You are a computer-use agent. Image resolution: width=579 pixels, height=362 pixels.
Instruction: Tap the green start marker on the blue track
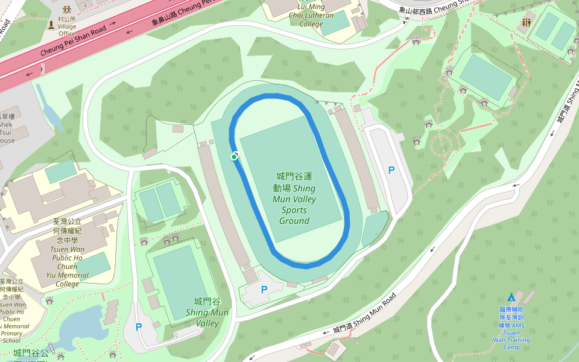pyautogui.click(x=234, y=157)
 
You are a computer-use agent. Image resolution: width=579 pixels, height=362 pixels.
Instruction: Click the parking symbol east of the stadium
pyautogui.click(x=391, y=170)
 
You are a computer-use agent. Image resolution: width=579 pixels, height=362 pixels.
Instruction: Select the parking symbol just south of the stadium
pyautogui.click(x=264, y=290)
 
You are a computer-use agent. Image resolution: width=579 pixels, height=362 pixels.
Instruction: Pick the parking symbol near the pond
pyautogui.click(x=139, y=327)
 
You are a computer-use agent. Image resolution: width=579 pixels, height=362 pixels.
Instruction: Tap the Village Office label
pyautogui.click(x=66, y=27)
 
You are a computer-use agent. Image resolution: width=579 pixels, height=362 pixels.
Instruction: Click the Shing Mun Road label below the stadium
pyautogui.click(x=365, y=313)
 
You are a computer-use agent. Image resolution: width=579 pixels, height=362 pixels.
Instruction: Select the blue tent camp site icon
pyautogui.click(x=511, y=297)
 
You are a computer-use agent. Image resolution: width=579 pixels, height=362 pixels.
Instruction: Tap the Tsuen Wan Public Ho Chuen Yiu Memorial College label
pyautogui.click(x=67, y=253)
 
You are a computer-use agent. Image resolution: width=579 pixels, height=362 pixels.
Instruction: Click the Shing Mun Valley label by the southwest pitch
pyautogui.click(x=207, y=312)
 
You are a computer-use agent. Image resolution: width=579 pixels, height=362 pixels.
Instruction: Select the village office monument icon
pyautogui.click(x=51, y=25)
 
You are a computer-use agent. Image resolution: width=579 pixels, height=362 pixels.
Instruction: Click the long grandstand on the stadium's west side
pyautogui.click(x=223, y=205)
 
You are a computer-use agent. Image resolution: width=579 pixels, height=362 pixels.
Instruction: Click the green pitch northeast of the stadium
pyautogui.click(x=486, y=77)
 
